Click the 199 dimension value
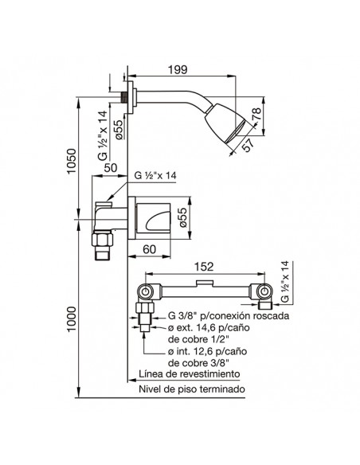178,70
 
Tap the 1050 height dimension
71,162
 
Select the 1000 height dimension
72,319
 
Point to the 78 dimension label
256,114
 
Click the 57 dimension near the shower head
248,145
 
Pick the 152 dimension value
205,267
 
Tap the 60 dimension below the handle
149,249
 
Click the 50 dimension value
111,167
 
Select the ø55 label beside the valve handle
183,217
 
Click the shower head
225,125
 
